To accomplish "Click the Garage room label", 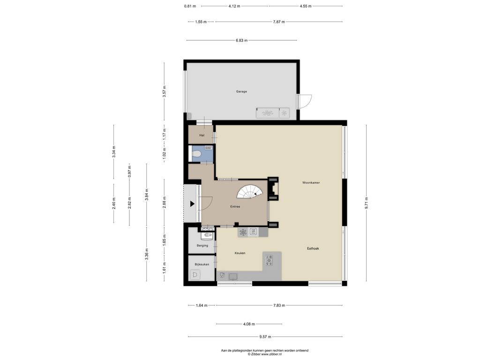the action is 241,91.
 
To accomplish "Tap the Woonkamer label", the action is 311,183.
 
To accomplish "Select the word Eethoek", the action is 313,248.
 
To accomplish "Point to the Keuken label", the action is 240,253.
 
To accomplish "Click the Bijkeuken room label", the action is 202,264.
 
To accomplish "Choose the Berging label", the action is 202,246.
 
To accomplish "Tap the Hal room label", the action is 202,135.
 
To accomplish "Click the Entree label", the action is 235,207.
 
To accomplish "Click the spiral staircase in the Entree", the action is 250,191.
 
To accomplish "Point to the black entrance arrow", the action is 192,203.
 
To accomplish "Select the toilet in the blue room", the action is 195,154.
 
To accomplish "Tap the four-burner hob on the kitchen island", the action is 269,260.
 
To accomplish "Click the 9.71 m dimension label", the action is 367,203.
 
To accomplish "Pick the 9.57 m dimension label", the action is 265,337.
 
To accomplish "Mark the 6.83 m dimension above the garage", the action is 241,40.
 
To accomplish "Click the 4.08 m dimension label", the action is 249,324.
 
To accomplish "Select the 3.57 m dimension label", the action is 165,91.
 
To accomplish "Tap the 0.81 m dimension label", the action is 190,6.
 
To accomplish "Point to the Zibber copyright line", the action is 264,354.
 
